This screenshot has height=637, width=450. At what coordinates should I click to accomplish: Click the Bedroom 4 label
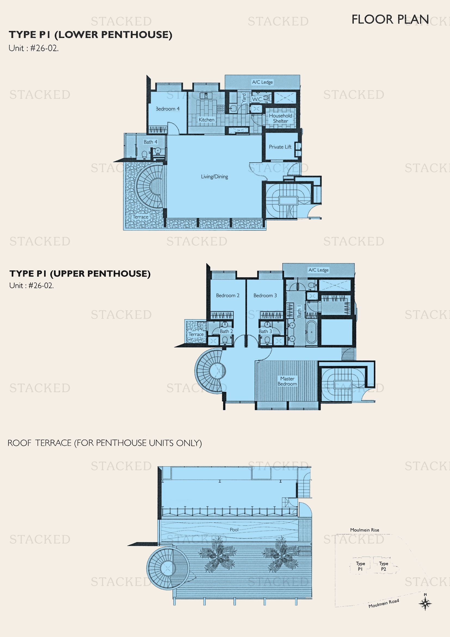coord(167,109)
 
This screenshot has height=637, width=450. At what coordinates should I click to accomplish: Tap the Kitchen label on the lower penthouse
coord(206,120)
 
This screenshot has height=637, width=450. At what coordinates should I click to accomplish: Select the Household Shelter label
coord(281,118)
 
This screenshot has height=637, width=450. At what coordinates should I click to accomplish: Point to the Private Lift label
coord(280,147)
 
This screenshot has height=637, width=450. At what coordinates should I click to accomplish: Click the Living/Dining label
coord(214,176)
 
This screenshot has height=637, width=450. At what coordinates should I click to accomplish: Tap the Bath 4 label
coord(150,142)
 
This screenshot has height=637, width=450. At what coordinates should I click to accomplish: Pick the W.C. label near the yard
coord(257,99)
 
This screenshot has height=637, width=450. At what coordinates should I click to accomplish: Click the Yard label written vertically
coord(244,98)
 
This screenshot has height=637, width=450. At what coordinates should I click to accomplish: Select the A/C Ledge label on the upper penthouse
coord(318,270)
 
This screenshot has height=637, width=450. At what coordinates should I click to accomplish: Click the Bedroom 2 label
coord(227,295)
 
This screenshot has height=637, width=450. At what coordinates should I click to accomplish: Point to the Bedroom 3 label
coord(265,295)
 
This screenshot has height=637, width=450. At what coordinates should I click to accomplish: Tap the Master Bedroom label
coord(287,381)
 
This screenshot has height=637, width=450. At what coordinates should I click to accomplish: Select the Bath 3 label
coord(265,331)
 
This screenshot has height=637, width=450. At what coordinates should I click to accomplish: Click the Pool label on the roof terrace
coord(234,530)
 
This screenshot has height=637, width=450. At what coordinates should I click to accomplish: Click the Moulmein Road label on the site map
coord(384,604)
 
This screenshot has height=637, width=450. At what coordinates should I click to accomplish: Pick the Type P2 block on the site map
coord(384,566)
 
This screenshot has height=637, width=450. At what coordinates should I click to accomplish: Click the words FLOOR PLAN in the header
coord(390,19)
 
